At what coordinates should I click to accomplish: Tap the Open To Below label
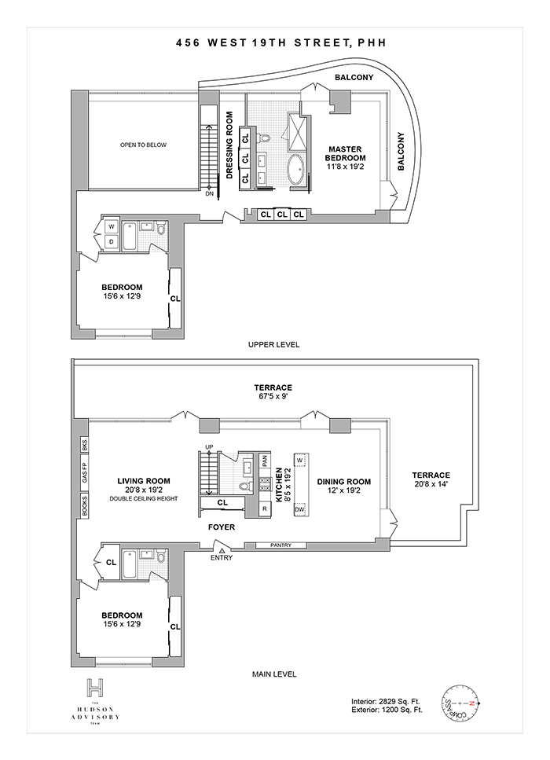click(143, 145)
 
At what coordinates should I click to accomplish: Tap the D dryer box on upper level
click(111, 242)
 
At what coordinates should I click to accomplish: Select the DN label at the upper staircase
click(209, 194)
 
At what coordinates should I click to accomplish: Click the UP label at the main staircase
click(209, 447)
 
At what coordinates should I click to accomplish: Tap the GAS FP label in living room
click(84, 474)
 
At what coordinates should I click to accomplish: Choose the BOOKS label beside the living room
click(84, 503)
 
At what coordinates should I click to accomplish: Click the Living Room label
click(145, 482)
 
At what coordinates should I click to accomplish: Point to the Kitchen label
click(279, 485)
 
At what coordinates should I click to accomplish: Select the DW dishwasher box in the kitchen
click(300, 510)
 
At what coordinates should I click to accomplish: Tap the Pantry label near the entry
click(281, 545)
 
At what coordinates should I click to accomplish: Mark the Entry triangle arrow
click(222, 549)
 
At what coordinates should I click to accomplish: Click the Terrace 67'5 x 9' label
click(273, 392)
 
